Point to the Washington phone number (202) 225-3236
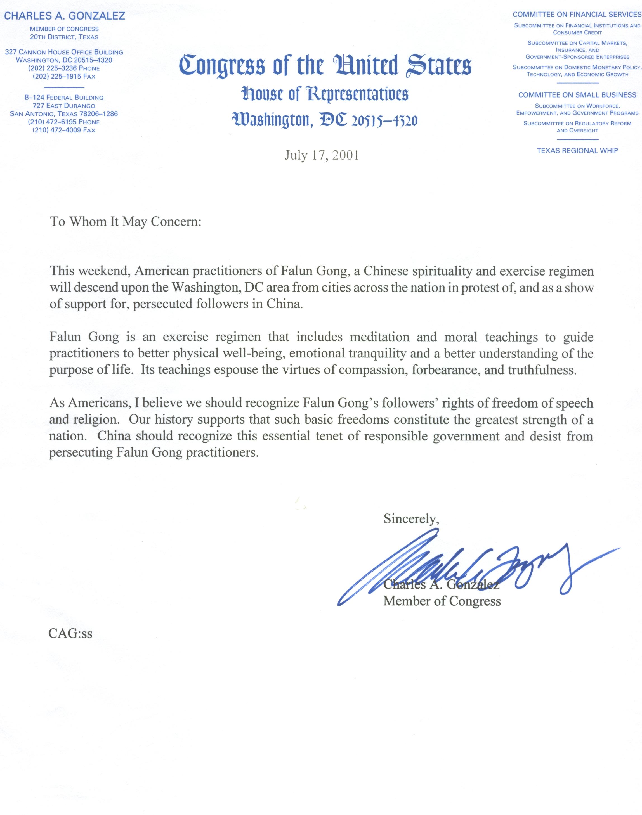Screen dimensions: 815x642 click(x=64, y=68)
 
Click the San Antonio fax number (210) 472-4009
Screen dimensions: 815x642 click(x=64, y=130)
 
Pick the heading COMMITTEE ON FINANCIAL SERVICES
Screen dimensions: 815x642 click(x=577, y=15)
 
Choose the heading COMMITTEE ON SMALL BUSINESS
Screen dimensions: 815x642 click(x=577, y=95)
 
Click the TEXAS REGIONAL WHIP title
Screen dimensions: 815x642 click(x=577, y=151)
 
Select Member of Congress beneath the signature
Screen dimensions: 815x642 click(x=442, y=601)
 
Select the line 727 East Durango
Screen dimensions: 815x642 click(x=64, y=106)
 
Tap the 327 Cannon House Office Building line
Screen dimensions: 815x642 click(x=64, y=52)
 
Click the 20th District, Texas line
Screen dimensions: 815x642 click(x=64, y=37)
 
